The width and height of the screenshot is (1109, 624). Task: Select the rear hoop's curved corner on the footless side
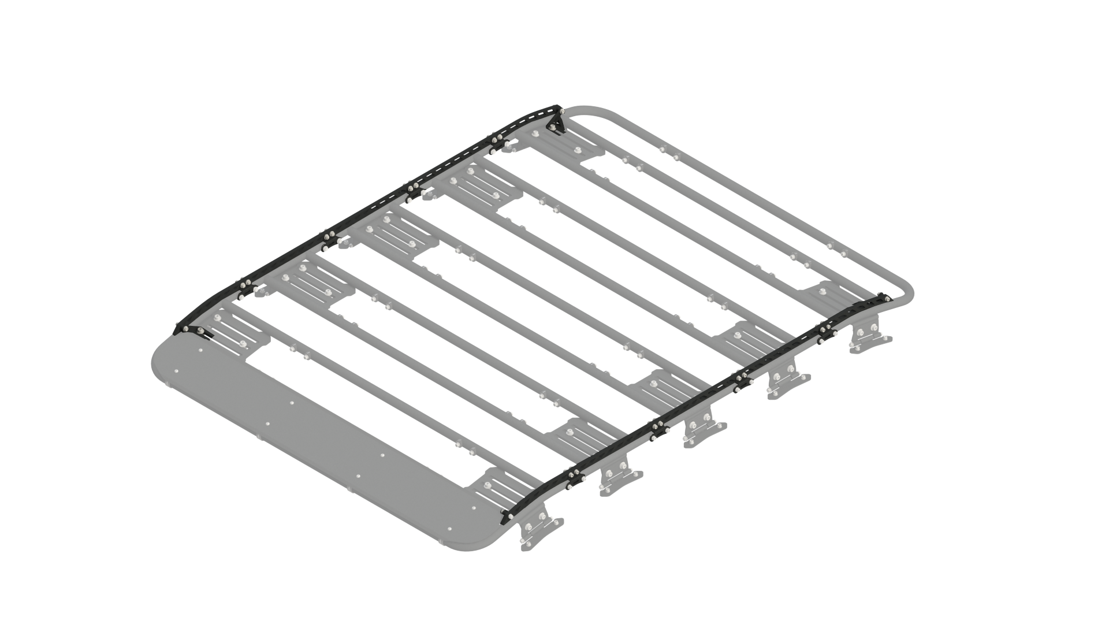pos(583,110)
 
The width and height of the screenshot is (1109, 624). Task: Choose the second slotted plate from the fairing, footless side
pos(309,286)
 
